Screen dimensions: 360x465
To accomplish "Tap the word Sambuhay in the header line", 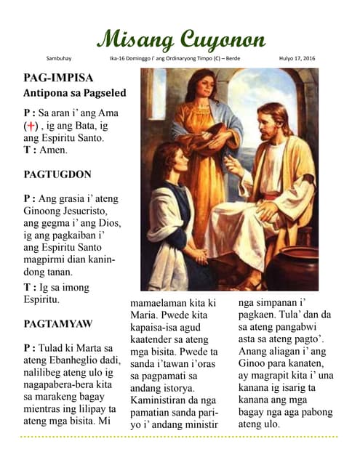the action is pos(59,58).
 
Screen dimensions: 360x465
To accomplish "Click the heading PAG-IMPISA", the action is pos(58,78).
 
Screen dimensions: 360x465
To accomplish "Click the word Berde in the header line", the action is pos(231,58).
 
